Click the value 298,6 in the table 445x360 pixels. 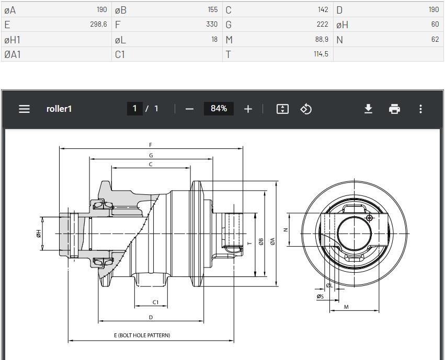[98, 25]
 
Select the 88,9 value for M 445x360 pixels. [322, 39]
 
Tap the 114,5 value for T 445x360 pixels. [321, 54]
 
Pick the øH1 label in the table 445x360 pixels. [12, 40]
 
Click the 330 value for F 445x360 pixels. [212, 25]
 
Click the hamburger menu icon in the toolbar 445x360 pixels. [24, 109]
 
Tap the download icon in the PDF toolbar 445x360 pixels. [368, 109]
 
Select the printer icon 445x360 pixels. [394, 109]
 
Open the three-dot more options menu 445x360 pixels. [420, 109]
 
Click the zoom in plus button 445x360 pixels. [248, 109]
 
